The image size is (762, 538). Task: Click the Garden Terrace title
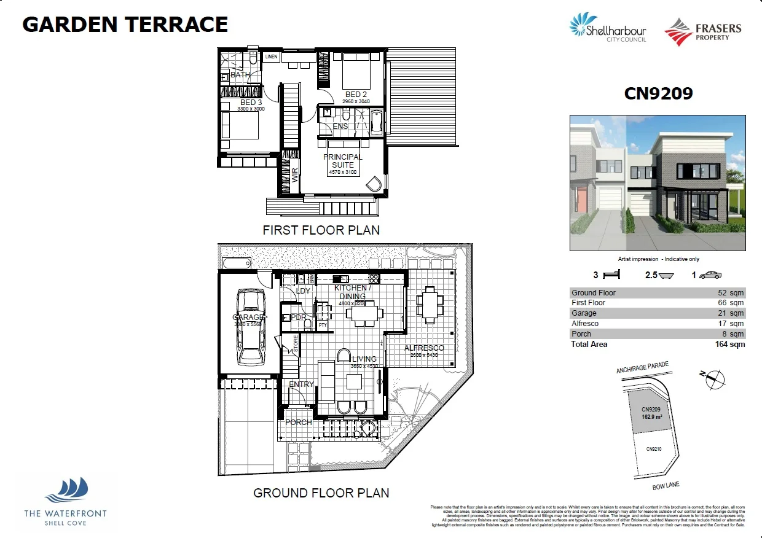tap(125, 25)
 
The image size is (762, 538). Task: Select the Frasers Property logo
tap(703, 32)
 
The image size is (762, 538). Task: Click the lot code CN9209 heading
tap(658, 93)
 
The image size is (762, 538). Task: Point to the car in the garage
tap(251, 327)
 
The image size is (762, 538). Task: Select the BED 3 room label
tap(251, 102)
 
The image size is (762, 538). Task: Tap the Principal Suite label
tap(343, 161)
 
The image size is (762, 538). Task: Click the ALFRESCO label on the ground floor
tap(424, 348)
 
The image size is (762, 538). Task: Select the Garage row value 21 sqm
tap(732, 313)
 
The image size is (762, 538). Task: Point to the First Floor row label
tap(588, 303)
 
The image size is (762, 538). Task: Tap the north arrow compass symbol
tap(713, 379)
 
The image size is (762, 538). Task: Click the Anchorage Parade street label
tap(642, 368)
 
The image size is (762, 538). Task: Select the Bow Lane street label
tap(666, 486)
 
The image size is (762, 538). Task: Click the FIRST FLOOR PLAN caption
tap(321, 230)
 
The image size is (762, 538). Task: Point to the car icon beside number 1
tap(710, 275)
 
